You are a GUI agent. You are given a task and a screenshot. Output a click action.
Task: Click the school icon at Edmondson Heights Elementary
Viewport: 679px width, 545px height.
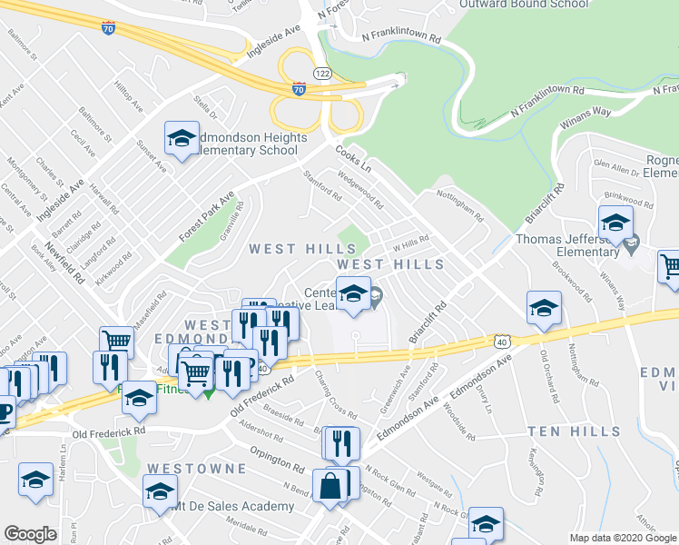pyautogui.click(x=182, y=139)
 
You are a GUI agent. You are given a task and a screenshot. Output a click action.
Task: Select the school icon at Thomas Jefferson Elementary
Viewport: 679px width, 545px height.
pyautogui.click(x=615, y=223)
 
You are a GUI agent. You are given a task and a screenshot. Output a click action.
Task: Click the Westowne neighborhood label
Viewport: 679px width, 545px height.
pyautogui.click(x=196, y=469)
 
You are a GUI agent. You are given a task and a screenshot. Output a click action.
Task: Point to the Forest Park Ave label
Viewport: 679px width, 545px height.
pyautogui.click(x=206, y=215)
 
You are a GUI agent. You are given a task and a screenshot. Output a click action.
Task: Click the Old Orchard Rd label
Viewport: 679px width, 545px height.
pyautogui.click(x=550, y=378)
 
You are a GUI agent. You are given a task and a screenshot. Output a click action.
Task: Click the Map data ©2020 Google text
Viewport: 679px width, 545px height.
pyautogui.click(x=623, y=538)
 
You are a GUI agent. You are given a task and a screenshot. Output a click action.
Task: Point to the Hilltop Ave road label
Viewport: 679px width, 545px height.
pyautogui.click(x=129, y=94)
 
